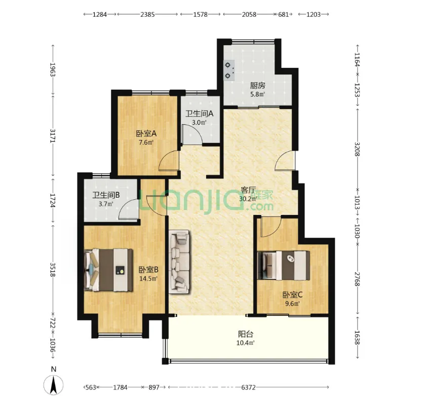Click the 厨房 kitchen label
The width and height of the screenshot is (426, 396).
coord(257,86)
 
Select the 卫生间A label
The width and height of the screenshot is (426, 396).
coord(199,114)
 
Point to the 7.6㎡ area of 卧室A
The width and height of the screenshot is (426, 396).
coord(146,142)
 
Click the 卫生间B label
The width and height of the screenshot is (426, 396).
coord(106,195)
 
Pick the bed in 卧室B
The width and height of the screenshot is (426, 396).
coord(108,270)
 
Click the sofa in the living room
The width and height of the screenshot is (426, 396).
coord(179,262)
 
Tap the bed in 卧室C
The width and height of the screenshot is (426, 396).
coord(283,266)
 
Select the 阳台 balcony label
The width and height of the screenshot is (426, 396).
coord(246,334)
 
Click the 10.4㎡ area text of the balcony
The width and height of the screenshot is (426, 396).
coord(245,343)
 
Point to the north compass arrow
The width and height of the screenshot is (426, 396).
coord(54,384)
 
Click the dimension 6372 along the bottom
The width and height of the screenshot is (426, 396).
coord(248,387)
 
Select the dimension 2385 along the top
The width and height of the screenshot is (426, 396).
coord(147,14)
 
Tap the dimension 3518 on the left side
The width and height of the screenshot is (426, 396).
coord(53,270)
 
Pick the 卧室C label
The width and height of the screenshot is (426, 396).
coord(293,295)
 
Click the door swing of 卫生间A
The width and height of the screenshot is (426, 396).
coord(192,134)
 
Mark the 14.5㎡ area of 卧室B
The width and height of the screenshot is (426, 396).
coord(148,279)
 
